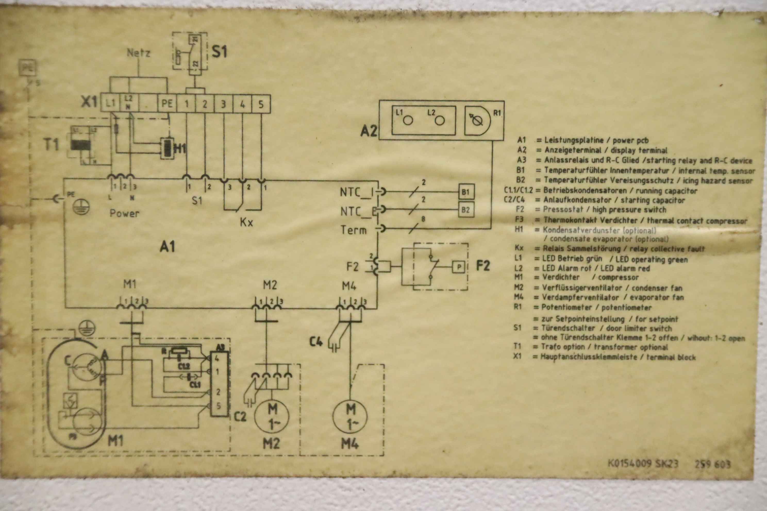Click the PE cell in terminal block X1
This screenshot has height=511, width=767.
click(167, 104)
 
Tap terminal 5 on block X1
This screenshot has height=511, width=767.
click(261, 104)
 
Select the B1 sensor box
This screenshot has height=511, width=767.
click(466, 192)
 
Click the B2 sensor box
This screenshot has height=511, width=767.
click(466, 210)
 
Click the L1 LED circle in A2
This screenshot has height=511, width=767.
click(408, 121)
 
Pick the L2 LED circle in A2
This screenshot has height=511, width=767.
click(440, 121)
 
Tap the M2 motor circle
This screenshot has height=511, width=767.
click(272, 416)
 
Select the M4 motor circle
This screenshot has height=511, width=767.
click(350, 416)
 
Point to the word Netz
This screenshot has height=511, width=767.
click(139, 53)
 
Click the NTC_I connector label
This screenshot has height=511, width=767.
click(356, 192)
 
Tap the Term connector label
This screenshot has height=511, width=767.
click(354, 230)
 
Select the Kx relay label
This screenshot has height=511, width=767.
click(247, 222)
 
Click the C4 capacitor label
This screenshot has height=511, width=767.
click(316, 342)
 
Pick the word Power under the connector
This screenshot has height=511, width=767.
click(124, 214)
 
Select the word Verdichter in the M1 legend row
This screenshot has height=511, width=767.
click(561, 277)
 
